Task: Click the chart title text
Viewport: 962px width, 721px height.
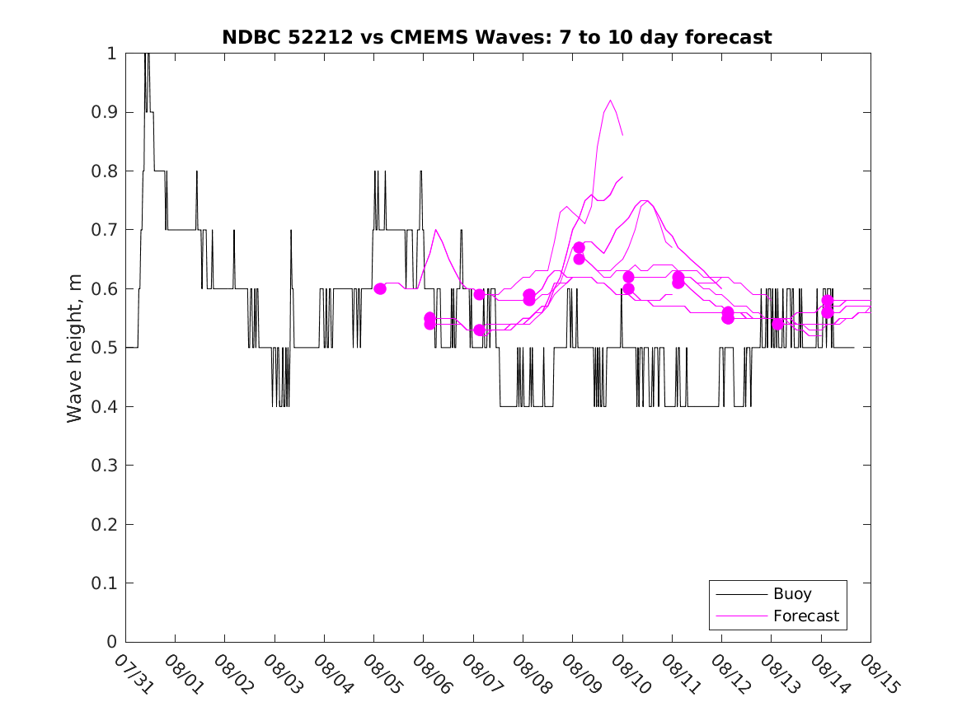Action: pos(497,37)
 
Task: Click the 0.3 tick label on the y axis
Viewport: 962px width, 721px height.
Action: pos(107,466)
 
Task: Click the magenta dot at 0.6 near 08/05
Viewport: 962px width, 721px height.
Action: pos(380,288)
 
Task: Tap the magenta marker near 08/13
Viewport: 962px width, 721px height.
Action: pos(777,324)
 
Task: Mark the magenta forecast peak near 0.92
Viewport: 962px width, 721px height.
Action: pos(611,101)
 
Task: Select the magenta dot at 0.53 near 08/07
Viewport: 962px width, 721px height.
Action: pos(480,330)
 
